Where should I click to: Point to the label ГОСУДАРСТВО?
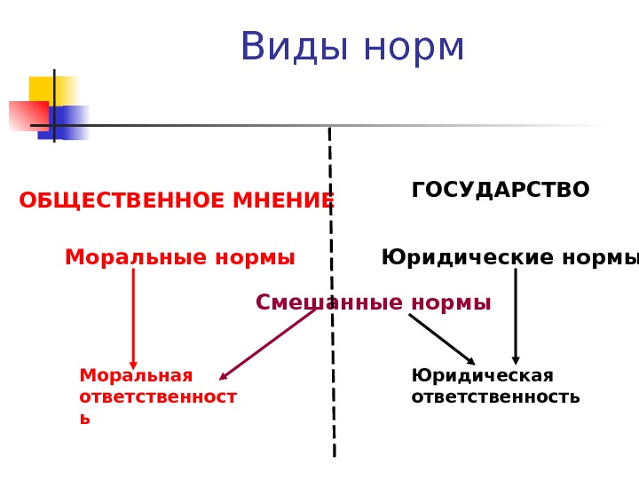point(501,190)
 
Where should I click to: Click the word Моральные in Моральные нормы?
point(126,258)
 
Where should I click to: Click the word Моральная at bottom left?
point(136,374)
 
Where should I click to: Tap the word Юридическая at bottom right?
point(482,374)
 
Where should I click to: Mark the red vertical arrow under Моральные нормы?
point(133,319)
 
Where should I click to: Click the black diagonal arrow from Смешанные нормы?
point(442,339)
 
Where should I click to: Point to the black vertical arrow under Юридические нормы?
point(516,317)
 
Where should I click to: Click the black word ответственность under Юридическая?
point(495,397)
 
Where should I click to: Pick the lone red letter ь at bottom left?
point(84,419)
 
